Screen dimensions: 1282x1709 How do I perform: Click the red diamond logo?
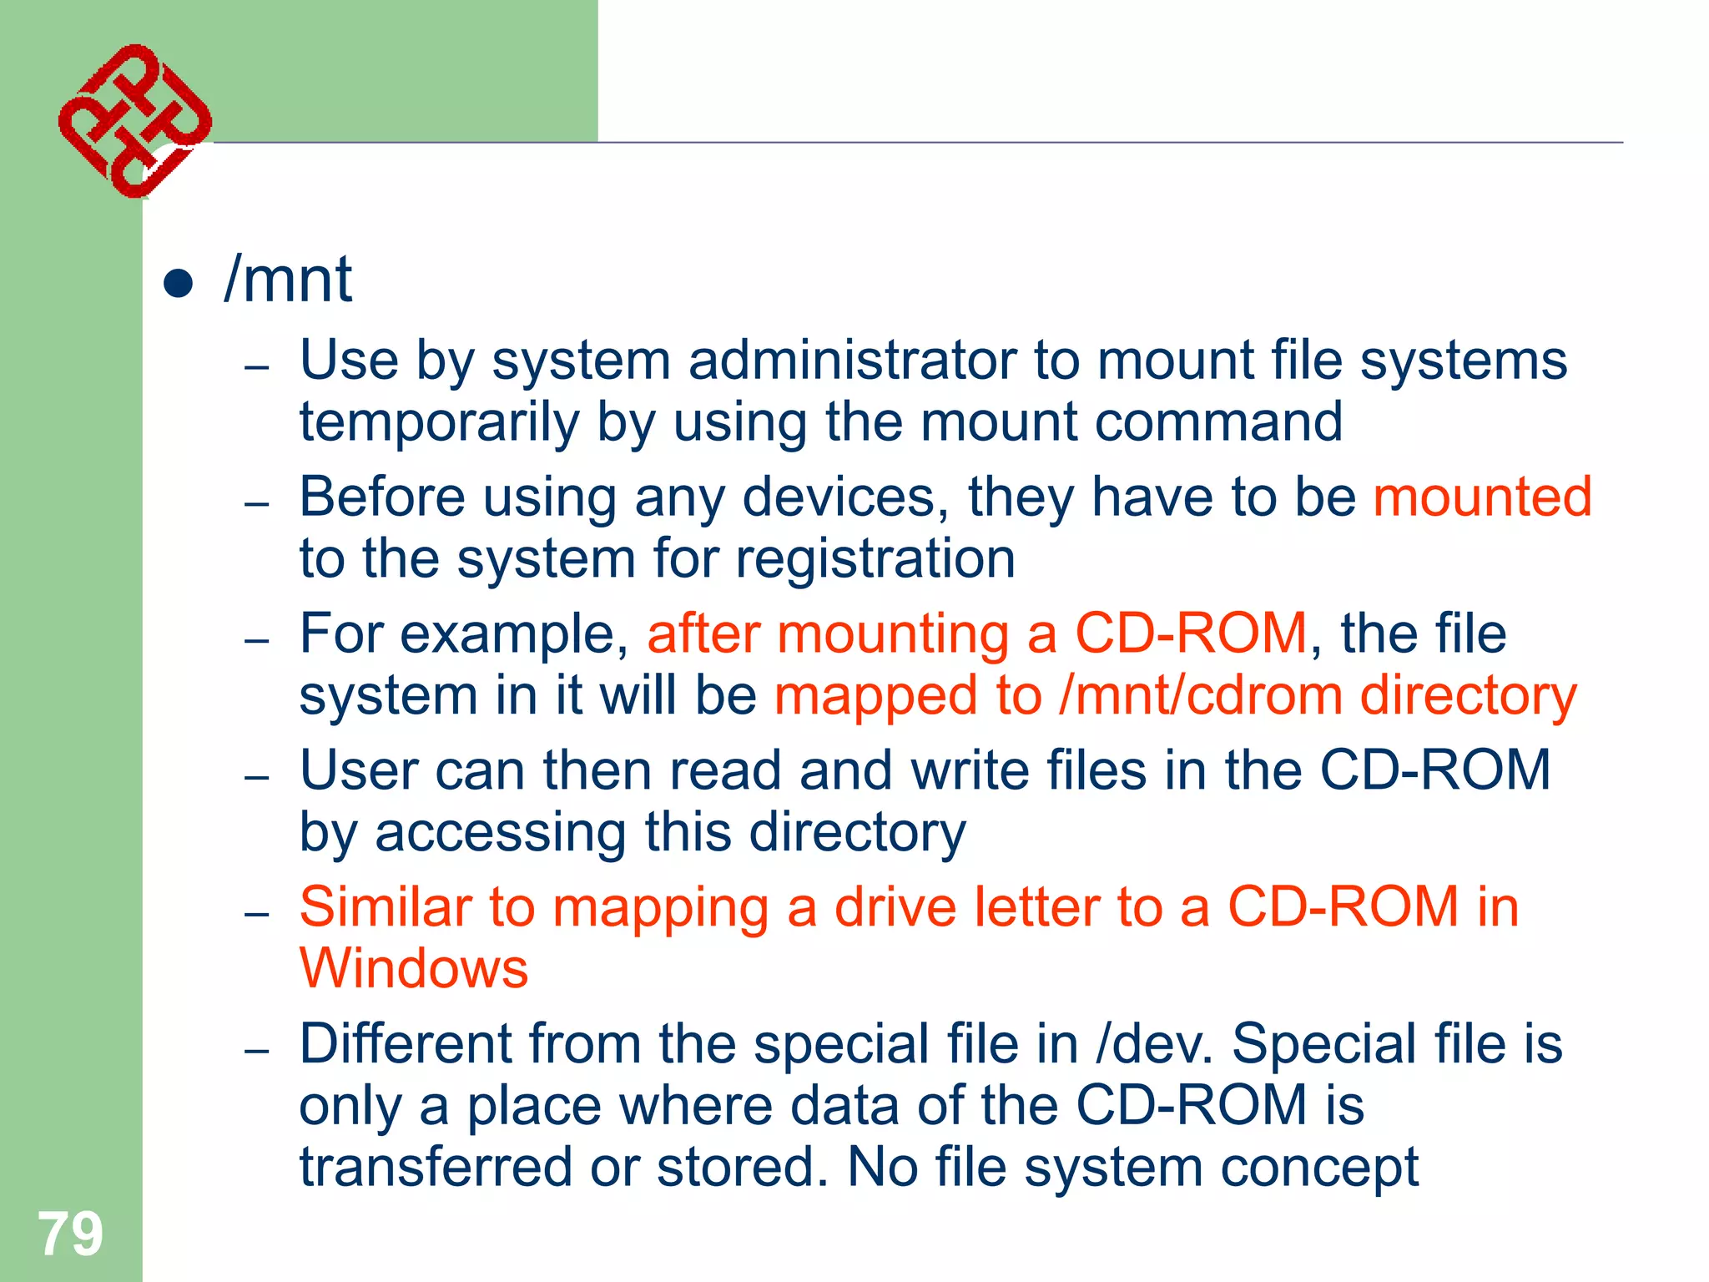(134, 121)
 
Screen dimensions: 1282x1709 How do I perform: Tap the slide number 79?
(70, 1234)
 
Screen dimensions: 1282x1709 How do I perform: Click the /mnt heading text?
(289, 280)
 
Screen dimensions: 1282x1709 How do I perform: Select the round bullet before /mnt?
(179, 283)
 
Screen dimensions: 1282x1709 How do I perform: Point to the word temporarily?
(439, 422)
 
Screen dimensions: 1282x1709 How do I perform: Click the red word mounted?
(1483, 497)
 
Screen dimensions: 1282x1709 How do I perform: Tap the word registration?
(875, 558)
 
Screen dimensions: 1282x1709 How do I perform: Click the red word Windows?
(414, 969)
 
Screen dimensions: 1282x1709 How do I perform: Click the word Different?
(406, 1044)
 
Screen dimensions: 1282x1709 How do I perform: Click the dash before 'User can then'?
(257, 778)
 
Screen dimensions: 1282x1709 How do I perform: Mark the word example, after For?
(514, 634)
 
